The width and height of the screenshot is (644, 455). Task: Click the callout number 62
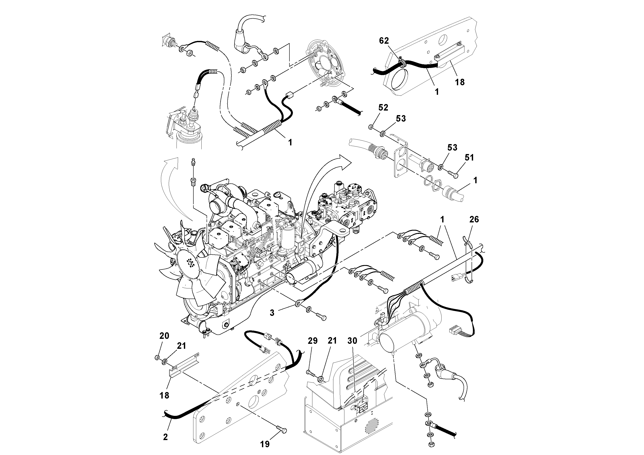pyautogui.click(x=384, y=41)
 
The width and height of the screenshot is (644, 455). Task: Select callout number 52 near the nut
pyautogui.click(x=383, y=108)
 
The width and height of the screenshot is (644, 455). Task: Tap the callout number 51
pyautogui.click(x=469, y=158)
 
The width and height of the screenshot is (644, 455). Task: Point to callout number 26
pyautogui.click(x=474, y=219)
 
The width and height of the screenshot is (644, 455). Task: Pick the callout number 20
pyautogui.click(x=164, y=336)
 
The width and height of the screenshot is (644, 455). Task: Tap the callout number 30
pyautogui.click(x=352, y=341)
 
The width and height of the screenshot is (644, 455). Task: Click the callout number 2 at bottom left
pyautogui.click(x=165, y=437)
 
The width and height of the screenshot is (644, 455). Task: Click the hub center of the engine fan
pyautogui.click(x=191, y=263)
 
